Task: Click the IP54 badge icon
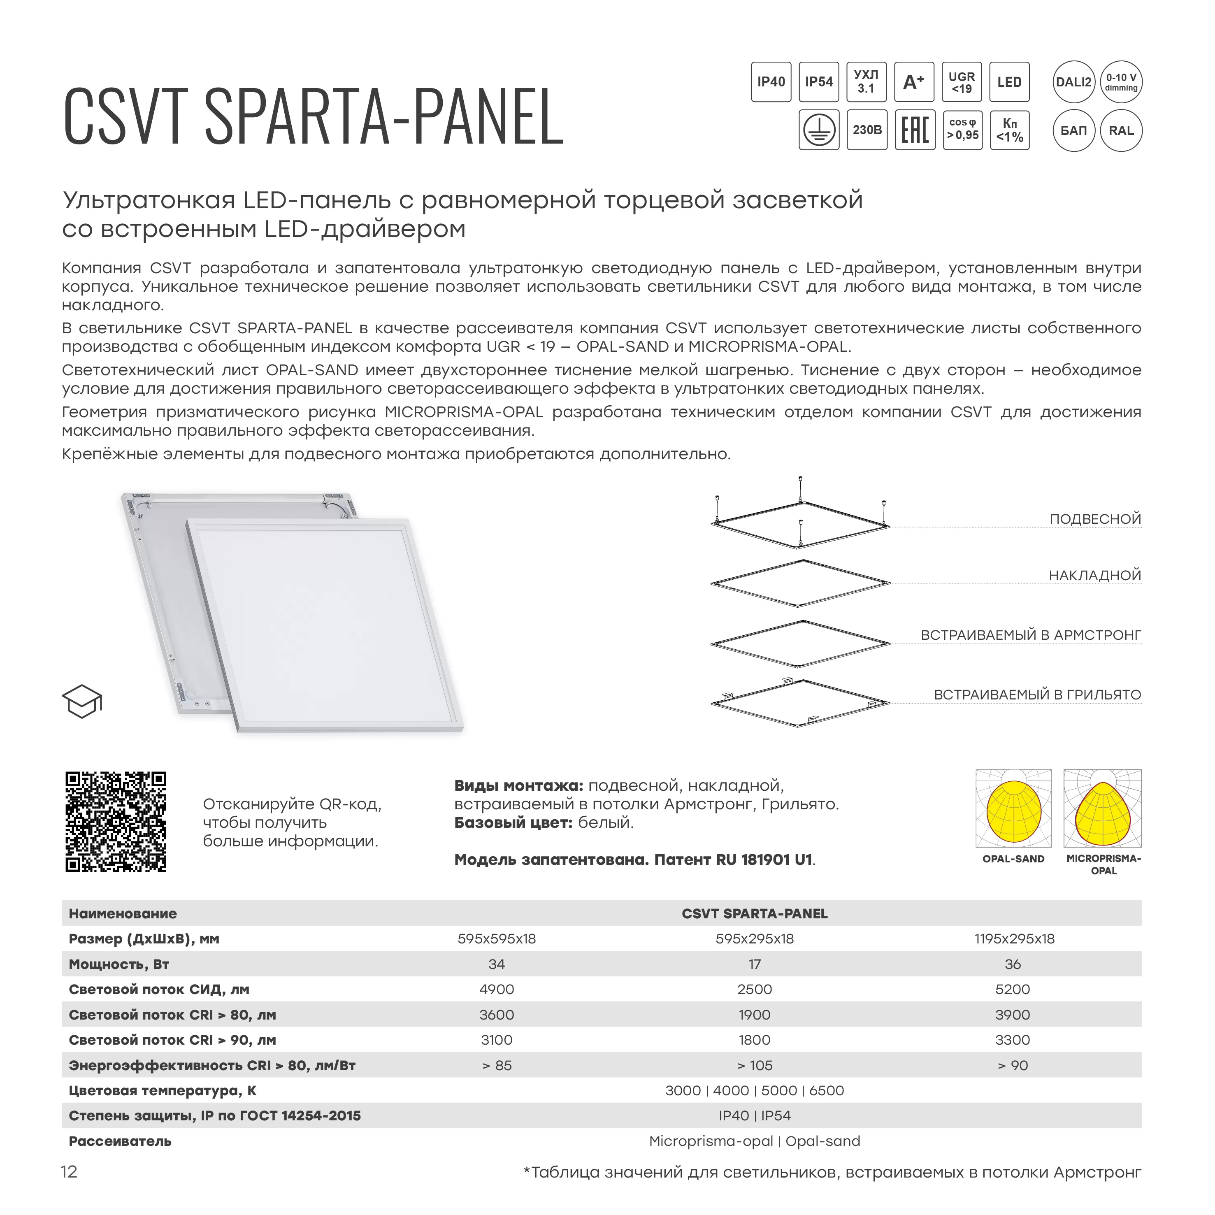coord(818,82)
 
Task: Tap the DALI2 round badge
coord(1073,82)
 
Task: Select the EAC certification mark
coord(914,130)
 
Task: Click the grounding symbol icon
coord(818,130)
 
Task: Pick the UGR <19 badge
coord(962,82)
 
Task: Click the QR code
coord(116,821)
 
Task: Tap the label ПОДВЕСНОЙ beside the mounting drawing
coord(1095,519)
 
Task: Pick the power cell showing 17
coord(755,964)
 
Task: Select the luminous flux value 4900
coord(496,989)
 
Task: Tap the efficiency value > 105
coord(755,1065)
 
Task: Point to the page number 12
coord(69,1172)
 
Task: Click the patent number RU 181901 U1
coord(764,860)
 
